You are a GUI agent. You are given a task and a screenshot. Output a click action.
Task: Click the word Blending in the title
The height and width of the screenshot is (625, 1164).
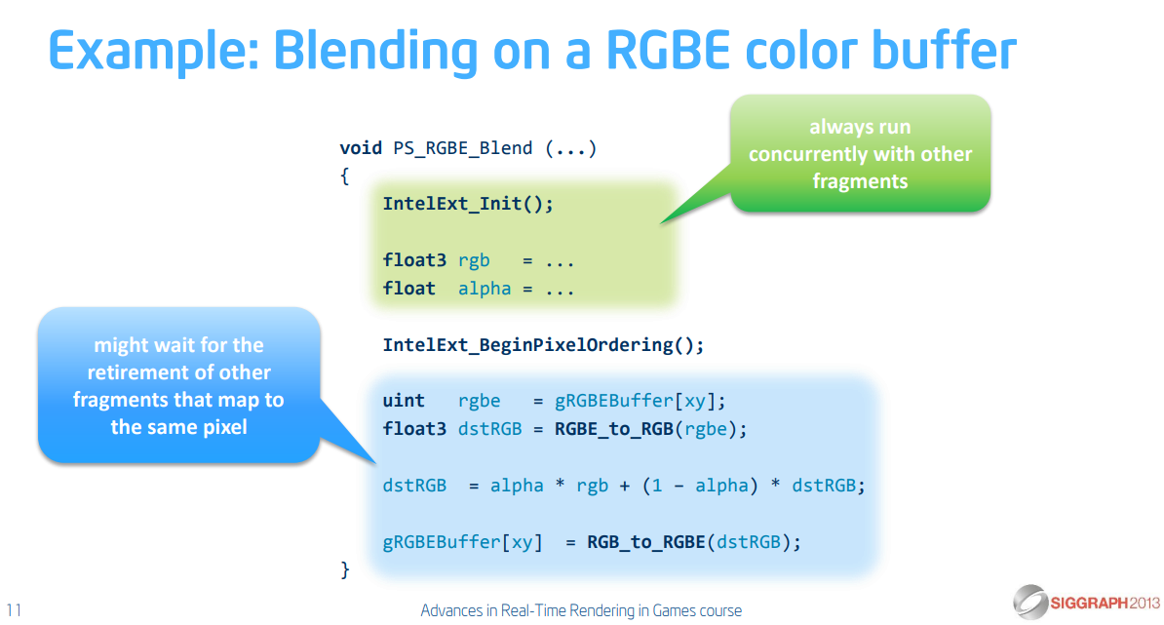375,52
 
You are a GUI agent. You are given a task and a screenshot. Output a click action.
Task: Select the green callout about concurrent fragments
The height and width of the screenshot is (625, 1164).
860,154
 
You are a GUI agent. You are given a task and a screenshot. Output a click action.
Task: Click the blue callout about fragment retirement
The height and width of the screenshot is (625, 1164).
179,385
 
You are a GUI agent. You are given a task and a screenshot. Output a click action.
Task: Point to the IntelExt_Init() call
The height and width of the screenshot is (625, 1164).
468,204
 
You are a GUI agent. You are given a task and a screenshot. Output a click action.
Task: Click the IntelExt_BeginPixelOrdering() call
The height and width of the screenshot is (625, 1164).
543,345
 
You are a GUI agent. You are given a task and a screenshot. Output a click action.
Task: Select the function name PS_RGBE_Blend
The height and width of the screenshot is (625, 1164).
462,148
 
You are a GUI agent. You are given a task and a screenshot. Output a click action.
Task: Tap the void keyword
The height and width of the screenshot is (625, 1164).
361,147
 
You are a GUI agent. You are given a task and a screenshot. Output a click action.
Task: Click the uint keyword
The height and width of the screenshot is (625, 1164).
403,401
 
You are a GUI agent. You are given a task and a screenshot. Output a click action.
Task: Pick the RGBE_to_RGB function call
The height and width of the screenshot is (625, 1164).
615,429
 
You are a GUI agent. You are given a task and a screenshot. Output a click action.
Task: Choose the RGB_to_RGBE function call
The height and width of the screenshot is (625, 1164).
646,542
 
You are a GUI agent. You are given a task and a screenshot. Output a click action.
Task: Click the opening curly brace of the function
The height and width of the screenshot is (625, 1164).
344,176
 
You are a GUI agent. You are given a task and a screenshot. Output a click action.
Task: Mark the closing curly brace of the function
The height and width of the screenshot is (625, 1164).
344,570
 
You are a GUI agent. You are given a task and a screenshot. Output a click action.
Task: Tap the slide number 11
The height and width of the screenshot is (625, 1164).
14,610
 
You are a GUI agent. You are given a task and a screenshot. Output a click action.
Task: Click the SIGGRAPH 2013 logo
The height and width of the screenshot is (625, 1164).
1086,602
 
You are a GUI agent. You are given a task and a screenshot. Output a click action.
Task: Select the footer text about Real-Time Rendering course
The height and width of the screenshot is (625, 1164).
581,610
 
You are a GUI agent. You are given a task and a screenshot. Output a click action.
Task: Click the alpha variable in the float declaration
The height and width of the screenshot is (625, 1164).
484,289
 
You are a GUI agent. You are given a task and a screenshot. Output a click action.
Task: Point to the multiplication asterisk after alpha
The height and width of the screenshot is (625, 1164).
560,486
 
